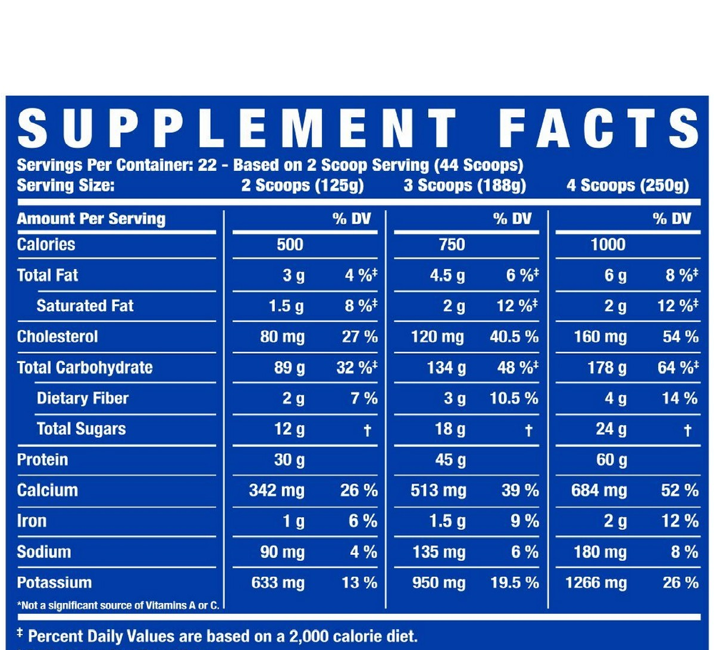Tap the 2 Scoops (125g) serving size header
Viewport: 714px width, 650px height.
(302, 186)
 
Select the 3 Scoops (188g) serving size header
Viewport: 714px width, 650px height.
(465, 186)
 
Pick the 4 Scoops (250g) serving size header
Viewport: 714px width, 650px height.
(628, 186)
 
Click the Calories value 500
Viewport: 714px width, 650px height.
(290, 245)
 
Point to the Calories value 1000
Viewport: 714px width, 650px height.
(608, 245)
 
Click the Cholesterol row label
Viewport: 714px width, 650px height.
(57, 337)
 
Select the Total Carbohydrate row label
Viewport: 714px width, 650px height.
(84, 368)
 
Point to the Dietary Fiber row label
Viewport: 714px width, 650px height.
(82, 398)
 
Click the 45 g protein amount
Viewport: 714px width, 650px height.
(450, 460)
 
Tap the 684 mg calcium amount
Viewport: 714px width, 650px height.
(599, 491)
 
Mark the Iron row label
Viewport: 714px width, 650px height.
(32, 521)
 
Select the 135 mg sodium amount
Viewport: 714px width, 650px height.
(439, 552)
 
